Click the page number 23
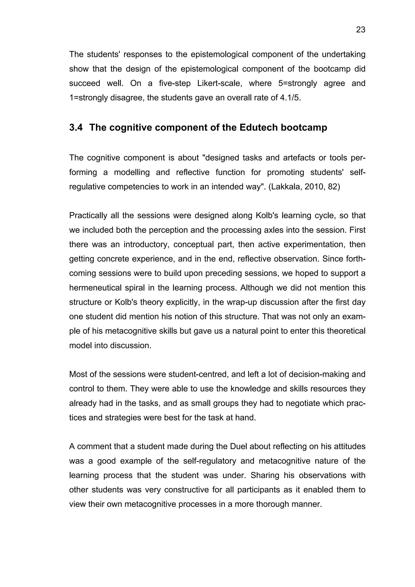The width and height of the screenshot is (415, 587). tap(360, 30)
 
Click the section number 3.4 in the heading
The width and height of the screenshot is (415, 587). tap(76, 127)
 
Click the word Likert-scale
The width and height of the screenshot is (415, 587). tap(220, 83)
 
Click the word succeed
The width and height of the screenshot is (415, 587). tap(85, 83)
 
